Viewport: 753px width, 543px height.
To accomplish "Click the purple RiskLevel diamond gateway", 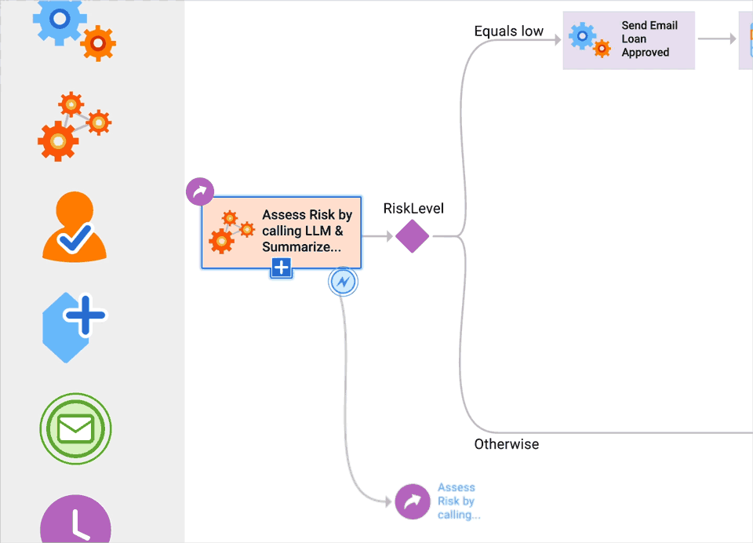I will pyautogui.click(x=412, y=235).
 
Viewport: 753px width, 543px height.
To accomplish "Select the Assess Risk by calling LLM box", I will pyautogui.click(x=282, y=232).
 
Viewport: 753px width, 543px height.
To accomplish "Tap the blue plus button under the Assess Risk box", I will pyautogui.click(x=282, y=268).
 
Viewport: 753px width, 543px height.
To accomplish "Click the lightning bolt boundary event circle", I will pyautogui.click(x=343, y=282).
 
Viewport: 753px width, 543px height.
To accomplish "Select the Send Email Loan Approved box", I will pyautogui.click(x=628, y=39).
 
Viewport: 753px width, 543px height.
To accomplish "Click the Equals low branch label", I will pyautogui.click(x=508, y=31).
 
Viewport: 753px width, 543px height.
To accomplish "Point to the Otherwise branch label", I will pyautogui.click(x=506, y=444).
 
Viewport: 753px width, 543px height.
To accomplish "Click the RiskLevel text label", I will pyautogui.click(x=413, y=209).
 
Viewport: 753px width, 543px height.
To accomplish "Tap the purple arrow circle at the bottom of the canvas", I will pyautogui.click(x=412, y=501).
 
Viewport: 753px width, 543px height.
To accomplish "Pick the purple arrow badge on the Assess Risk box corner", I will pyautogui.click(x=200, y=191).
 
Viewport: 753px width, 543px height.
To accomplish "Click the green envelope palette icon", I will pyautogui.click(x=75, y=428).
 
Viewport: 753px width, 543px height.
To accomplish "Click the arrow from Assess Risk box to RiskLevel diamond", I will pyautogui.click(x=377, y=235).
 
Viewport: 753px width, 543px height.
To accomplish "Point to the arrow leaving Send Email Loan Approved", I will pyautogui.click(x=716, y=39).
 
